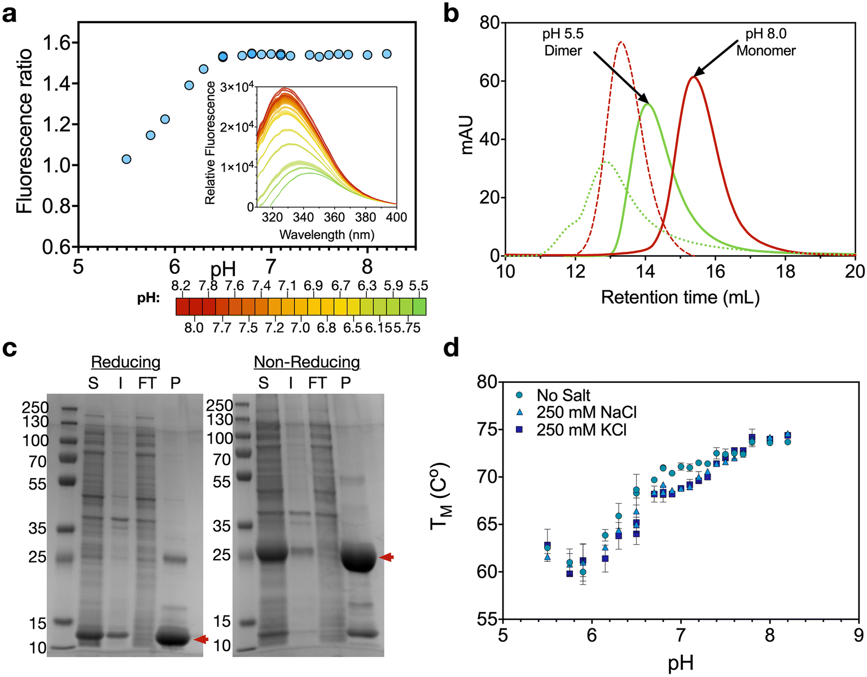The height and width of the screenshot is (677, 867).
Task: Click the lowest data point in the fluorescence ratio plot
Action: [x=126, y=159]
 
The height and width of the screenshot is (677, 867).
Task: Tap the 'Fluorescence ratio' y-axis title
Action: [x=24, y=131]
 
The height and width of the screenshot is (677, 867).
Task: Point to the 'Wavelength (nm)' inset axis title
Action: [x=327, y=234]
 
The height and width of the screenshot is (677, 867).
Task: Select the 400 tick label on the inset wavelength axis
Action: [x=396, y=217]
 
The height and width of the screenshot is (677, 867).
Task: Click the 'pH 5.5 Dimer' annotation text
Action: [x=563, y=42]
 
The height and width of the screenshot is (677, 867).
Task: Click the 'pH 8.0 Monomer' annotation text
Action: [x=766, y=42]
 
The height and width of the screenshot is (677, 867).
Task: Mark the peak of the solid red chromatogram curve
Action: [x=694, y=77]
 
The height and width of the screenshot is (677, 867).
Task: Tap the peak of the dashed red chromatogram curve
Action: [x=621, y=42]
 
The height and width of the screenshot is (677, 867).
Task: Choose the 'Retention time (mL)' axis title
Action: [x=680, y=297]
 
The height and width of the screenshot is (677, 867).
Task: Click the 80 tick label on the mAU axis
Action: [x=490, y=23]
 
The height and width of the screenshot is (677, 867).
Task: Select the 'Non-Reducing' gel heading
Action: [x=306, y=361]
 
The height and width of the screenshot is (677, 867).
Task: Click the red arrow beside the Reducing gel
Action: [x=201, y=639]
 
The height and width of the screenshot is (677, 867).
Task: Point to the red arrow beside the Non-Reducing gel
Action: [x=387, y=557]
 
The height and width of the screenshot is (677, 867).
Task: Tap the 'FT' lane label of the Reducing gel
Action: [x=147, y=383]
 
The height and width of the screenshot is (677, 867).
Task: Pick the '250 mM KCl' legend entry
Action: [x=581, y=430]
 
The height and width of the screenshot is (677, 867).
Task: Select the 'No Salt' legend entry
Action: [x=563, y=395]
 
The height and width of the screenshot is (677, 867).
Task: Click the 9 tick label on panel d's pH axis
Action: [x=858, y=636]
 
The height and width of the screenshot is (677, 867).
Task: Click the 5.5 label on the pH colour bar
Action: [x=418, y=286]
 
